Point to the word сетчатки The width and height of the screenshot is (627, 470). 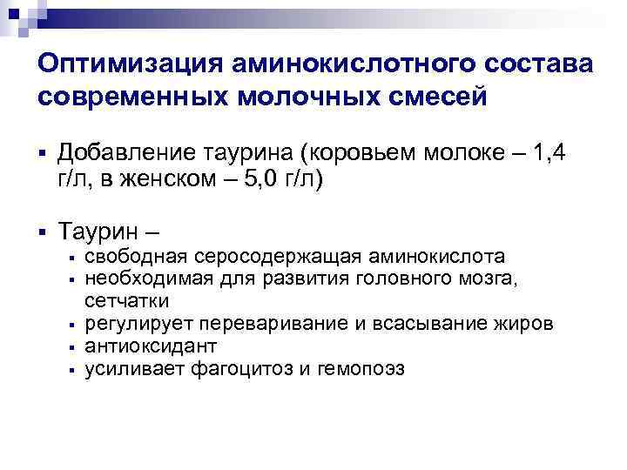127,300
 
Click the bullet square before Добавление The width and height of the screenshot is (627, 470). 41,155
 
